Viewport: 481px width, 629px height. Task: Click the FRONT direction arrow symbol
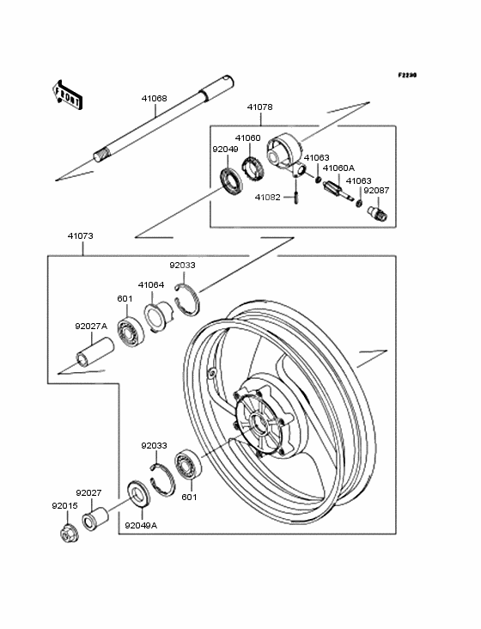67,95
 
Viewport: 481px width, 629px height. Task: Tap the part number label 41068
154,98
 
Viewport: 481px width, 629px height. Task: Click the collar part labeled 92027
95,519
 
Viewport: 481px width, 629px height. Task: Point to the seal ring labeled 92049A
137,492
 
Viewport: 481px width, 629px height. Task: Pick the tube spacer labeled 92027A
95,351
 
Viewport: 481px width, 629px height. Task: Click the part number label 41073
80,235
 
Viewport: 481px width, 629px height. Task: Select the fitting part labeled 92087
378,212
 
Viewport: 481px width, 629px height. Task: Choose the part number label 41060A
338,168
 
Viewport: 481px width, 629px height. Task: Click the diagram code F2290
407,75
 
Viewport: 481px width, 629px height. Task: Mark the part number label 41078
259,107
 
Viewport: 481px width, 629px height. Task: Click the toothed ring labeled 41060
252,170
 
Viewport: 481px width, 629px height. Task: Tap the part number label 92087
376,191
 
